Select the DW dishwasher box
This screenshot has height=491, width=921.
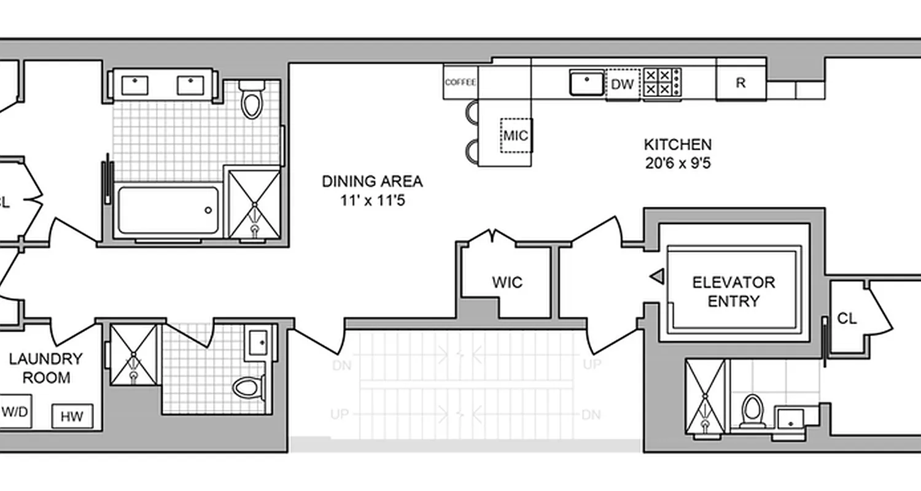click(622, 85)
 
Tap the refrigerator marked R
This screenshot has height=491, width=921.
click(740, 83)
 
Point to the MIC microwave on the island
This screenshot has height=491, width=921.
click(516, 135)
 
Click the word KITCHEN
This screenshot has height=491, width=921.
click(677, 145)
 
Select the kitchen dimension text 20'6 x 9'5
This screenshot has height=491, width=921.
click(677, 164)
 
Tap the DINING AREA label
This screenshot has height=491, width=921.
click(373, 182)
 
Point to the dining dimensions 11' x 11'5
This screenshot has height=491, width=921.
click(373, 201)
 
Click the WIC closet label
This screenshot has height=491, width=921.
click(507, 282)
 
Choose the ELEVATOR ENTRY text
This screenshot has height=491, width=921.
click(733, 292)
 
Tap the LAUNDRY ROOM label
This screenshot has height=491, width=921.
click(45, 368)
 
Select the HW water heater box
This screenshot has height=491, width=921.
click(72, 417)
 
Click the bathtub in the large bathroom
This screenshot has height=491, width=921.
click(168, 210)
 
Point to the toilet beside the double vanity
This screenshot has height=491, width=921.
click(251, 101)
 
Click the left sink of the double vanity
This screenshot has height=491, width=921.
click(134, 85)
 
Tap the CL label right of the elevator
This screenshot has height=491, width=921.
click(847, 319)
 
